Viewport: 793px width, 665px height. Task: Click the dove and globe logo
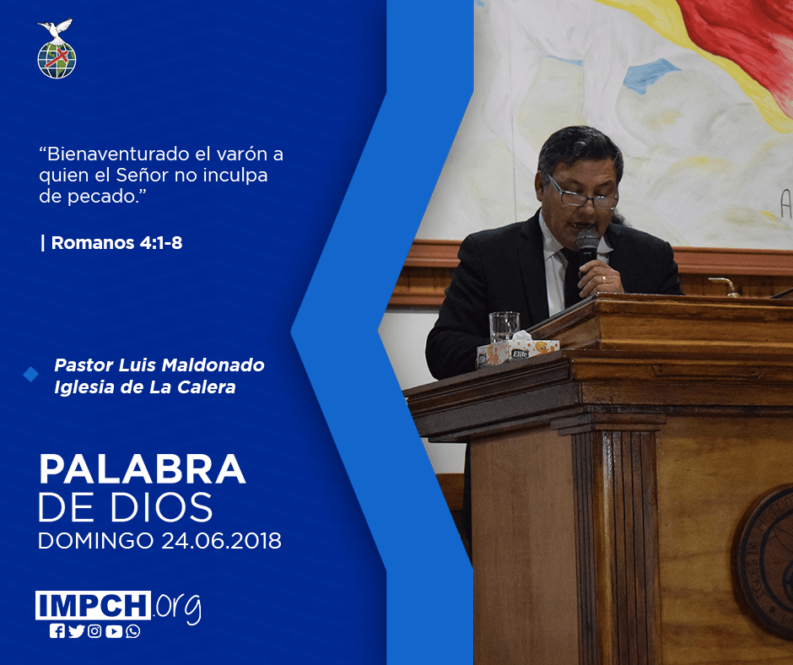pyautogui.click(x=57, y=49)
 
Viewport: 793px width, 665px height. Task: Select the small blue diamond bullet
pyautogui.click(x=31, y=375)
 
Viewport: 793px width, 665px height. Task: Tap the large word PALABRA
pyautogui.click(x=142, y=470)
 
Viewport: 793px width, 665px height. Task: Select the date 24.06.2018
pyautogui.click(x=222, y=541)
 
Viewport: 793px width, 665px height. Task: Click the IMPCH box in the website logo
pyautogui.click(x=93, y=605)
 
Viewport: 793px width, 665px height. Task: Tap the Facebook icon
pyautogui.click(x=57, y=631)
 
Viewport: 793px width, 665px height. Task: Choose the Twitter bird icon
pyautogui.click(x=77, y=631)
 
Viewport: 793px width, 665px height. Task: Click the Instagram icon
pyautogui.click(x=94, y=631)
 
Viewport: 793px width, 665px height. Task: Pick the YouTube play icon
pyautogui.click(x=114, y=631)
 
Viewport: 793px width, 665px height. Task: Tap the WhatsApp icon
pyautogui.click(x=133, y=631)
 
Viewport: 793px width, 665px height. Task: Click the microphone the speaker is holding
pyautogui.click(x=586, y=248)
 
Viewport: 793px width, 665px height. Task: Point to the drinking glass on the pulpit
pyautogui.click(x=504, y=327)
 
